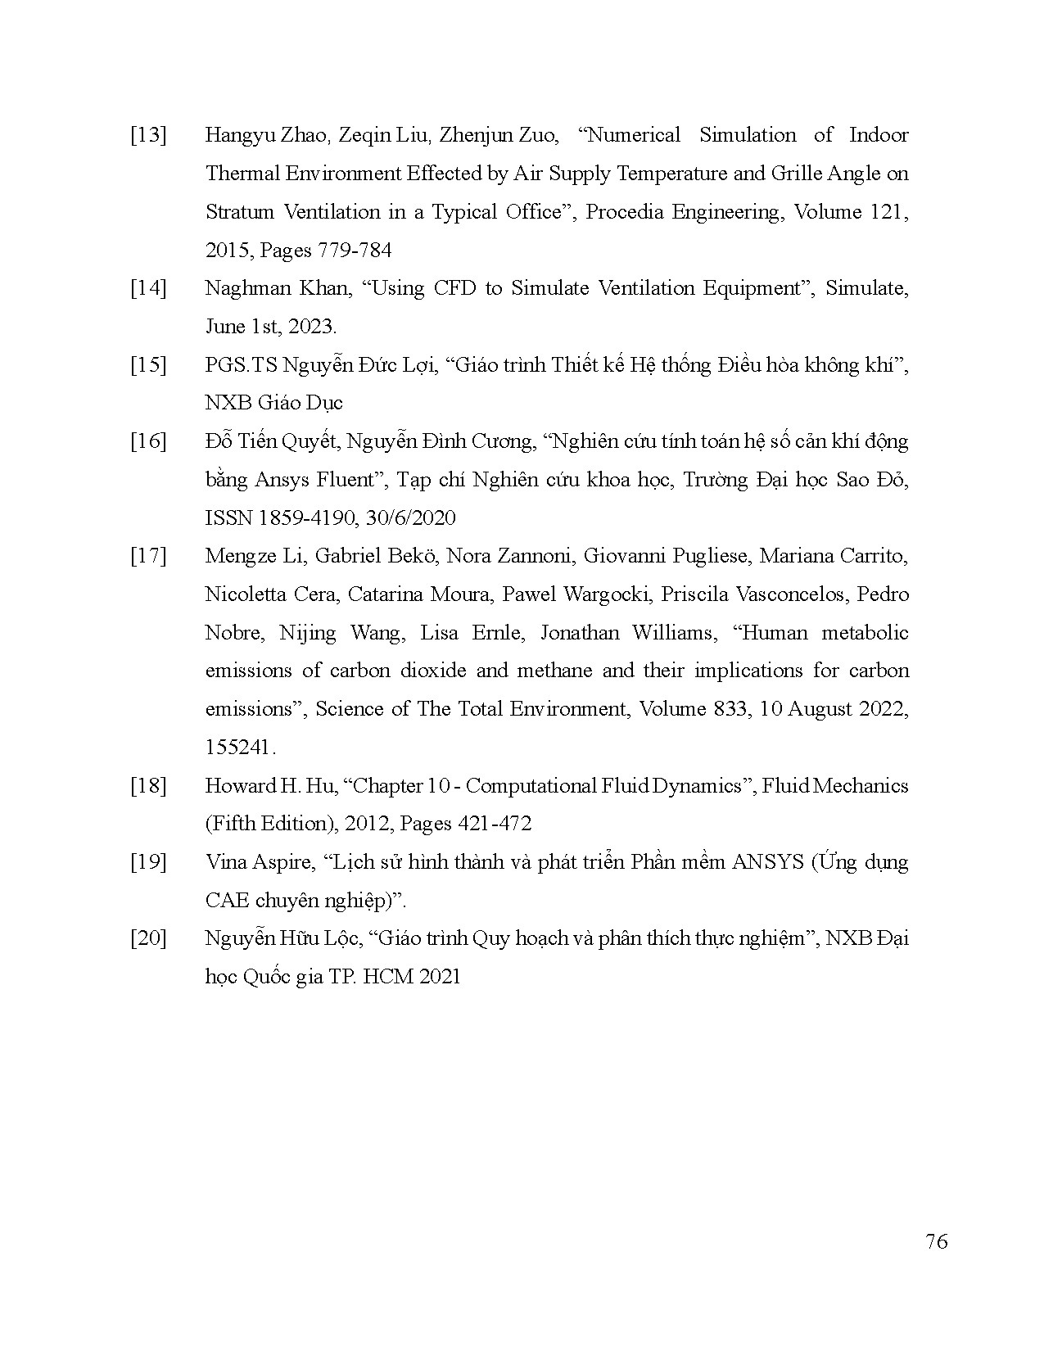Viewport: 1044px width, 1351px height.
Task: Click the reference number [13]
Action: [x=148, y=136]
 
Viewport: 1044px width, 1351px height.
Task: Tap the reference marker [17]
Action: [x=148, y=557]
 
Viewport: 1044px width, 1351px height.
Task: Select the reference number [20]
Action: [x=148, y=938]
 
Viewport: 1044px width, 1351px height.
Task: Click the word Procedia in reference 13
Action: [x=626, y=212]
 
